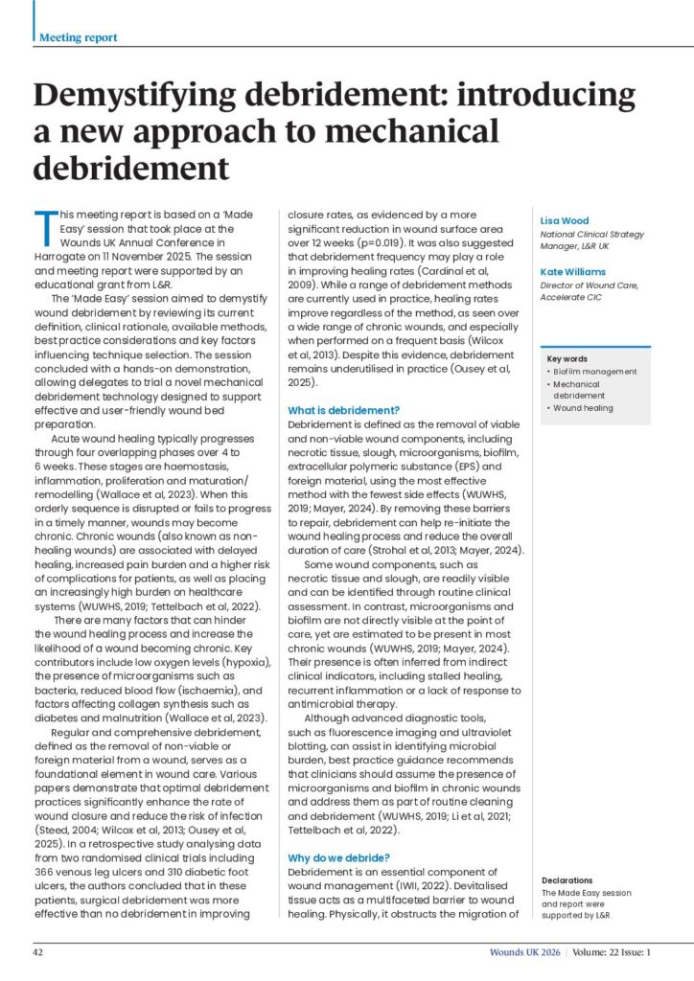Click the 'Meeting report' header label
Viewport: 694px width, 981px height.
(79, 37)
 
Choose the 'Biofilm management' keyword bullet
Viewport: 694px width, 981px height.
(595, 372)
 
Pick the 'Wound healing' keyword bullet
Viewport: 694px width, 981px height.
(584, 408)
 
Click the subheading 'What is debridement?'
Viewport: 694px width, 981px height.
(344, 410)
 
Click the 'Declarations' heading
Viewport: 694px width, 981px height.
(567, 879)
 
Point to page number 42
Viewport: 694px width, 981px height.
(39, 952)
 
